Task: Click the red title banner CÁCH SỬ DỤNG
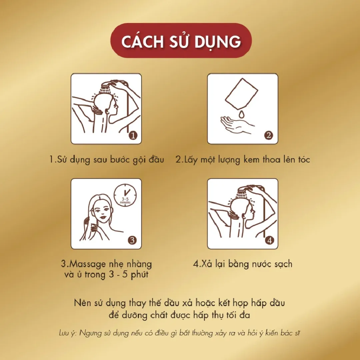[181, 40]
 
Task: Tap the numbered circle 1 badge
[133, 135]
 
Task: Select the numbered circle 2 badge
[269, 135]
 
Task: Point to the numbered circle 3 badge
[132, 240]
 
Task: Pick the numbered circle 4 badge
[269, 240]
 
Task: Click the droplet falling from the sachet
[241, 114]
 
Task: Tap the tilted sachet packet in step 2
[242, 94]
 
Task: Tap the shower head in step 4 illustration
[244, 191]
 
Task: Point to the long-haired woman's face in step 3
[102, 212]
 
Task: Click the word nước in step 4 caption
[261, 264]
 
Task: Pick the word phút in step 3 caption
[139, 275]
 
